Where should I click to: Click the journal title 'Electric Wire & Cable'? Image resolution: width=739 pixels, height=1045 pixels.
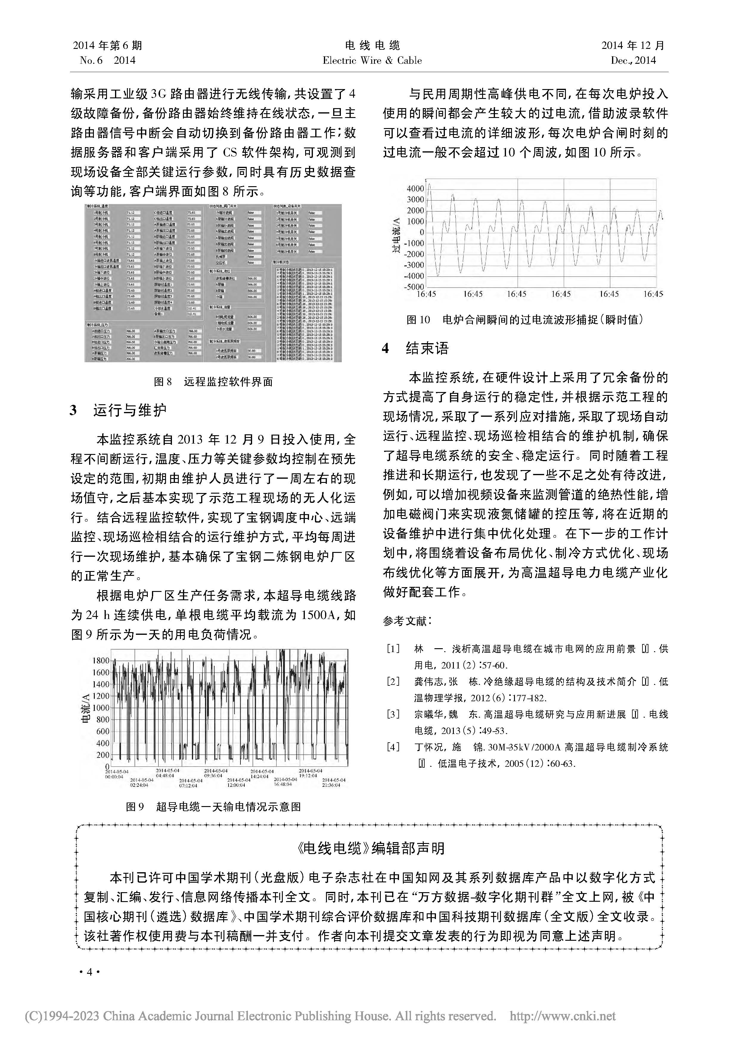click(x=372, y=60)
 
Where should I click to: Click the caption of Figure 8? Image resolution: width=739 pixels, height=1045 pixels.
click(x=213, y=382)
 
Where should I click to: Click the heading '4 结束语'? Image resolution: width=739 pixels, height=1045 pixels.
click(x=415, y=349)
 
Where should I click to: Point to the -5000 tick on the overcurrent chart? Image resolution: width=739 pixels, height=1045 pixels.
click(x=413, y=287)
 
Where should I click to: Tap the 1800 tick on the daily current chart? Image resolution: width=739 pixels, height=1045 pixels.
click(x=101, y=660)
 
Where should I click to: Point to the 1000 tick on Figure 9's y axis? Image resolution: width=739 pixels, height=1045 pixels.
click(x=101, y=708)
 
